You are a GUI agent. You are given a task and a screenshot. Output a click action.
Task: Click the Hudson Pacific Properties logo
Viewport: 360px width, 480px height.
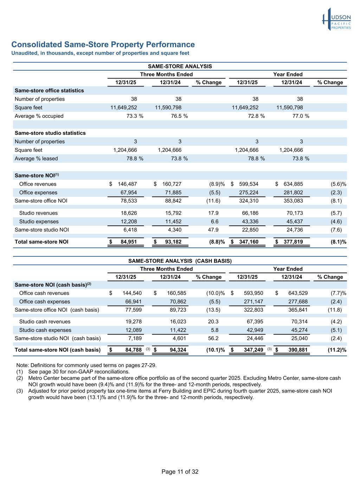pyautogui.click(x=336, y=19)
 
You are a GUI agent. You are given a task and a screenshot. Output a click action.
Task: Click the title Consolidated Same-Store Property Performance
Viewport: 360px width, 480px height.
pyautogui.click(x=103, y=45)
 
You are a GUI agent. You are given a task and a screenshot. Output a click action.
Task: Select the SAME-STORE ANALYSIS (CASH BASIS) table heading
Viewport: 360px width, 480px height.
pyautogui.click(x=180, y=261)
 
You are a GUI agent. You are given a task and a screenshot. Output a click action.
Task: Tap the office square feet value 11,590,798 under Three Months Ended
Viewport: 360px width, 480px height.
pyautogui.click(x=168, y=108)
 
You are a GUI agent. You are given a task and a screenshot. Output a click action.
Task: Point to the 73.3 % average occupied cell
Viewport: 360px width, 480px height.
pyautogui.click(x=135, y=116)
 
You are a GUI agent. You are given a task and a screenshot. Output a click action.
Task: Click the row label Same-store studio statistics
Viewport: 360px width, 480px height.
pyautogui.click(x=50, y=133)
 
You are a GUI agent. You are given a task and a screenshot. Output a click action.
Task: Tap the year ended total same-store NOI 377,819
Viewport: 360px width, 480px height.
pyautogui.click(x=293, y=242)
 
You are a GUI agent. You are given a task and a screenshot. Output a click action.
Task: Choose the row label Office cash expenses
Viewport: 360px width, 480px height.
pyautogui.click(x=44, y=302)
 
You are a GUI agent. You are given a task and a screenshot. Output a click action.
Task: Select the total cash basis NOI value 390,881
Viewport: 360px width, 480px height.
pyautogui.click(x=297, y=350)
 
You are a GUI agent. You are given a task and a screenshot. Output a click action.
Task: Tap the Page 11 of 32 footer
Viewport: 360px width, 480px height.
pyautogui.click(x=180, y=472)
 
